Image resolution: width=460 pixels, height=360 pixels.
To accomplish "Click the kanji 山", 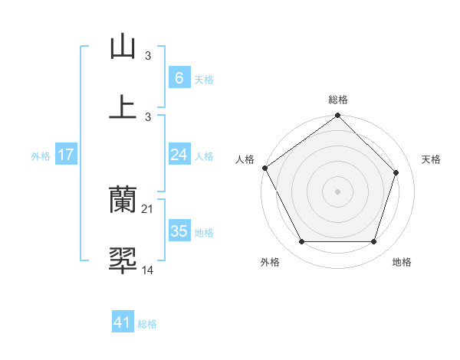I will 123,47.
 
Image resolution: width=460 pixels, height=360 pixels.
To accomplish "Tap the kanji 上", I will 123,106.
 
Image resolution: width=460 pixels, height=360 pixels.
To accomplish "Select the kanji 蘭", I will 123,201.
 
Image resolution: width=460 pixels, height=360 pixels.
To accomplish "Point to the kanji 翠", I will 123,260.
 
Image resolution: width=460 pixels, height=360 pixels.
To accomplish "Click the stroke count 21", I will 149,209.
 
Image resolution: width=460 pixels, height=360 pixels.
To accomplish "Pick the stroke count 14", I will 148,269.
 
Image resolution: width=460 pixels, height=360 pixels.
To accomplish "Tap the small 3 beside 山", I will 148,56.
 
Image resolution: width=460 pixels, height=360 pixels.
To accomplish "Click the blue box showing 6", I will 179,77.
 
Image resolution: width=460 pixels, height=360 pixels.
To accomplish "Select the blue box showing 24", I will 179,155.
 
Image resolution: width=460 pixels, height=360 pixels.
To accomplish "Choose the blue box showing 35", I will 179,231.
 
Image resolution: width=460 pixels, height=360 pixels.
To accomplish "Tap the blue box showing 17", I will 65,155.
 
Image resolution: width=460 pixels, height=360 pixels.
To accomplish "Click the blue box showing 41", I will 123,323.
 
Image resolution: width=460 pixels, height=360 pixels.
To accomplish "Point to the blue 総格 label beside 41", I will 147,324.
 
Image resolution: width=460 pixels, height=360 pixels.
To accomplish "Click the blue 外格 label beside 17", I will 41,155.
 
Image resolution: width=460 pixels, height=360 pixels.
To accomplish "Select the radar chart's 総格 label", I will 338,100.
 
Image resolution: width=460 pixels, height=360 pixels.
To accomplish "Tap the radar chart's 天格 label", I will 431,159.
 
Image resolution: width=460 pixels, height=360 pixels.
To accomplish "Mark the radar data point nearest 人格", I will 264,168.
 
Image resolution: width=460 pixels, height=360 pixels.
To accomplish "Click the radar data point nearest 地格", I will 374,242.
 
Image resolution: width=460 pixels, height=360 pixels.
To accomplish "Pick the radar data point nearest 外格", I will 301,242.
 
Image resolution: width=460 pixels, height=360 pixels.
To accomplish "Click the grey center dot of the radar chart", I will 337,191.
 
